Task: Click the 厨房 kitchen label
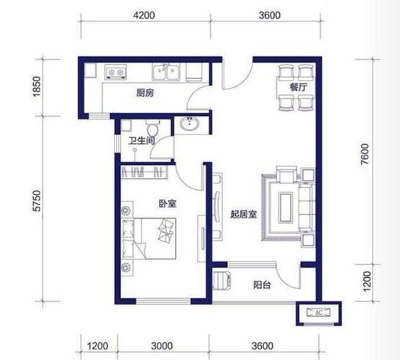pyautogui.click(x=145, y=93)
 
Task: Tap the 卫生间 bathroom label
pyautogui.click(x=141, y=140)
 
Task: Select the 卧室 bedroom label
pyautogui.click(x=168, y=204)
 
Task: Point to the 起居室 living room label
pyautogui.click(x=243, y=215)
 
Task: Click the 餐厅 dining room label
pyautogui.click(x=298, y=87)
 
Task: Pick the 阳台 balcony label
pyautogui.click(x=262, y=284)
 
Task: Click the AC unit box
pyautogui.click(x=319, y=312)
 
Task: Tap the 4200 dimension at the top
pyautogui.click(x=144, y=15)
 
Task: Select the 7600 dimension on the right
pyautogui.click(x=365, y=154)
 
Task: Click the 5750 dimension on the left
pyautogui.click(x=37, y=200)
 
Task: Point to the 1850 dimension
pyautogui.click(x=37, y=86)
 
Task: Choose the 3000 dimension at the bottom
pyautogui.click(x=162, y=346)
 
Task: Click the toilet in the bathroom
pyautogui.click(x=153, y=128)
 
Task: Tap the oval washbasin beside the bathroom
pyautogui.click(x=189, y=125)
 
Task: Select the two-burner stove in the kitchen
pyautogui.click(x=115, y=72)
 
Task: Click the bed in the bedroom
pyautogui.click(x=149, y=238)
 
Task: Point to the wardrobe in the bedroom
pyautogui.click(x=144, y=172)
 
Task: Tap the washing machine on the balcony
pyautogui.click(x=222, y=280)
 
